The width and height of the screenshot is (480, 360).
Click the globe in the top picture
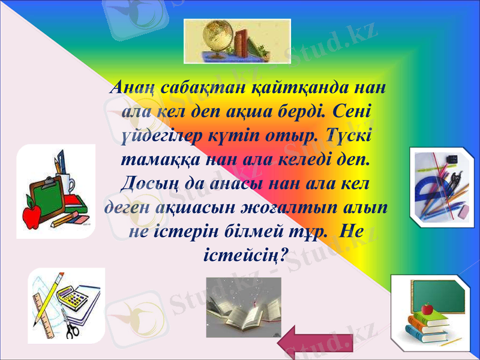pos(214,35)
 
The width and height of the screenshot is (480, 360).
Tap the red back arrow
pos(314,343)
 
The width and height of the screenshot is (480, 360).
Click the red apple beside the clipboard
pos(31,213)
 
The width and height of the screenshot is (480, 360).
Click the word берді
pos(305,113)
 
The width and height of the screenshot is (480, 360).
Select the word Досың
pos(146,184)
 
